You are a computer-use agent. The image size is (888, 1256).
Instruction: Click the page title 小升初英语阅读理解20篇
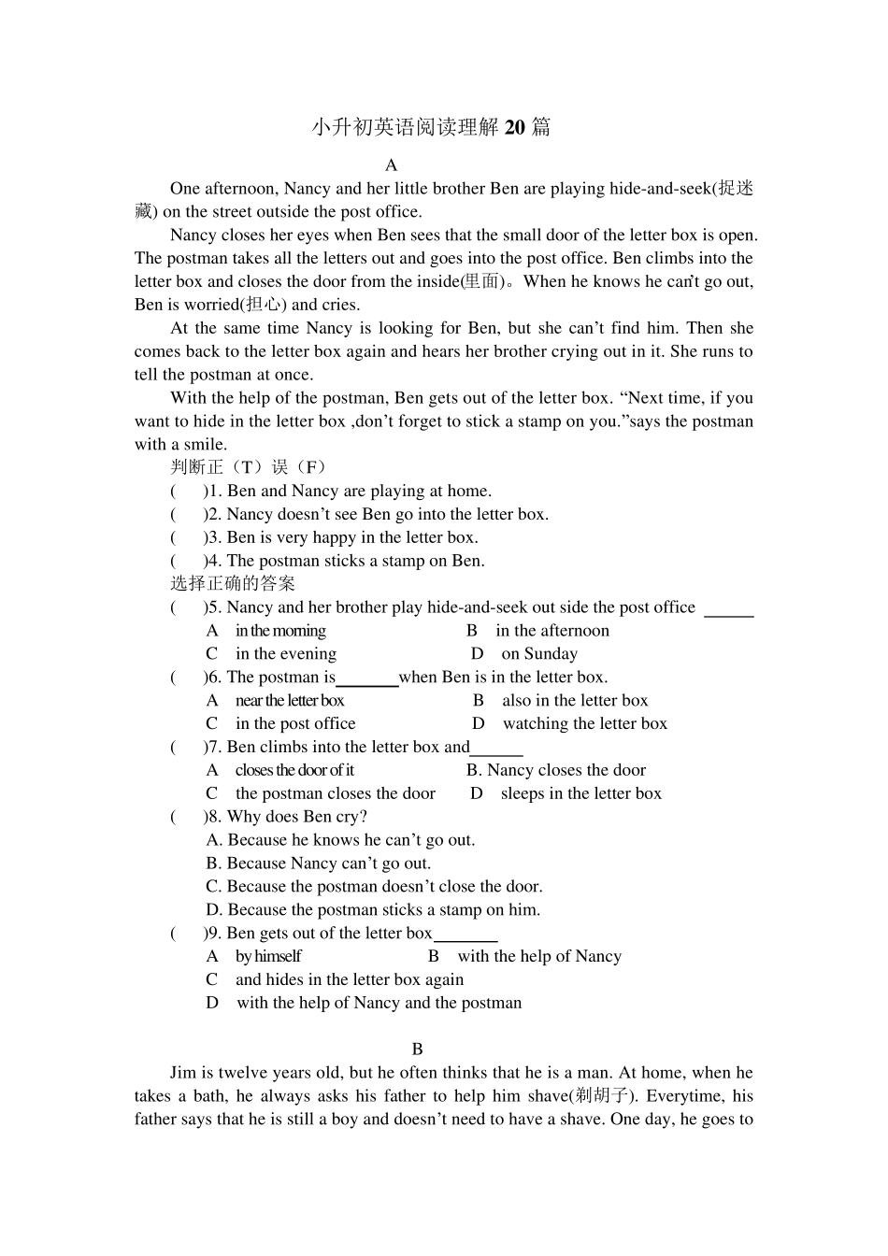coord(431,127)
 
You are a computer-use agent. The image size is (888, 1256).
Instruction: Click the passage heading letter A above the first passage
coord(392,165)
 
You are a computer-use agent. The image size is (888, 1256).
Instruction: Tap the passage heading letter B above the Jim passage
coord(418,1049)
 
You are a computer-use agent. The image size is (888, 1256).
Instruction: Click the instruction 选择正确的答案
coord(233,584)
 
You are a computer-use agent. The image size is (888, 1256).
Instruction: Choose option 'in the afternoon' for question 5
coord(551,631)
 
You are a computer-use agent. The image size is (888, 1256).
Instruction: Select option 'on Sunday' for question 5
coord(538,654)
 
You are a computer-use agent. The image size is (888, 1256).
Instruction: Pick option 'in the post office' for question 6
coord(295,724)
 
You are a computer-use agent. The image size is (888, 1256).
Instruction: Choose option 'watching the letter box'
coord(584,724)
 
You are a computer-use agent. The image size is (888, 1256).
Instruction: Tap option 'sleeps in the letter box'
coord(580,793)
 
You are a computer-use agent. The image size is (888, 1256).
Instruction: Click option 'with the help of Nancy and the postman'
coord(379,1003)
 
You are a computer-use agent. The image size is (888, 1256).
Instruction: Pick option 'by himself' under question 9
coord(268,956)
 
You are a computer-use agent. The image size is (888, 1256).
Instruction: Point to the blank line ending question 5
coord(728,614)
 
